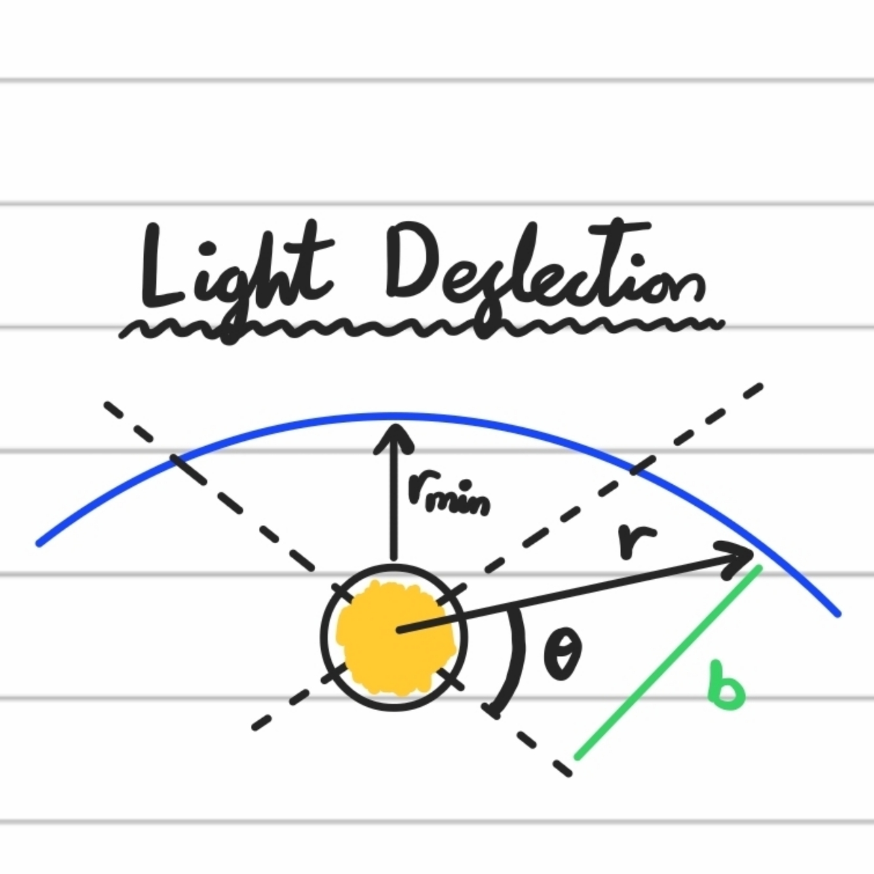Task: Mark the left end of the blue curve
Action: point(39,542)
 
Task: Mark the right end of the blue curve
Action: point(837,614)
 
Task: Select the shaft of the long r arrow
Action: point(563,596)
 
